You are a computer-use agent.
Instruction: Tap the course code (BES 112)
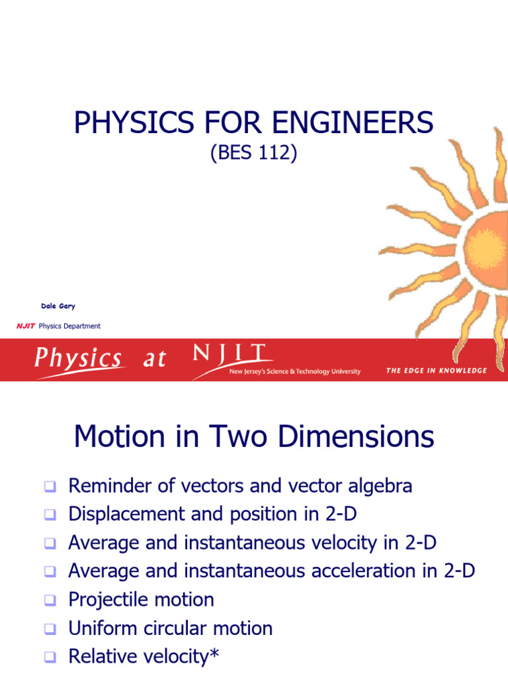[254, 154]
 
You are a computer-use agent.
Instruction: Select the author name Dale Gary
[58, 306]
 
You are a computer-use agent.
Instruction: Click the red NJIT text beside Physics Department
[26, 326]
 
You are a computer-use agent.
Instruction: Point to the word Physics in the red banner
[78, 359]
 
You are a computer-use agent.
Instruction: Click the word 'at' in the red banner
[154, 359]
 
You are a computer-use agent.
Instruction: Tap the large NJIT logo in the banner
[230, 354]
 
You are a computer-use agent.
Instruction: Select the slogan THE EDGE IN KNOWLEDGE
[437, 371]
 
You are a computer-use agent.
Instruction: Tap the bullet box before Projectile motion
[50, 601]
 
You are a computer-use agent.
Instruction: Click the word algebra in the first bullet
[378, 486]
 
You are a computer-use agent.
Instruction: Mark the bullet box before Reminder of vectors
[50, 487]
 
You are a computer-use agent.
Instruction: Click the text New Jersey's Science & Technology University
[294, 372]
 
